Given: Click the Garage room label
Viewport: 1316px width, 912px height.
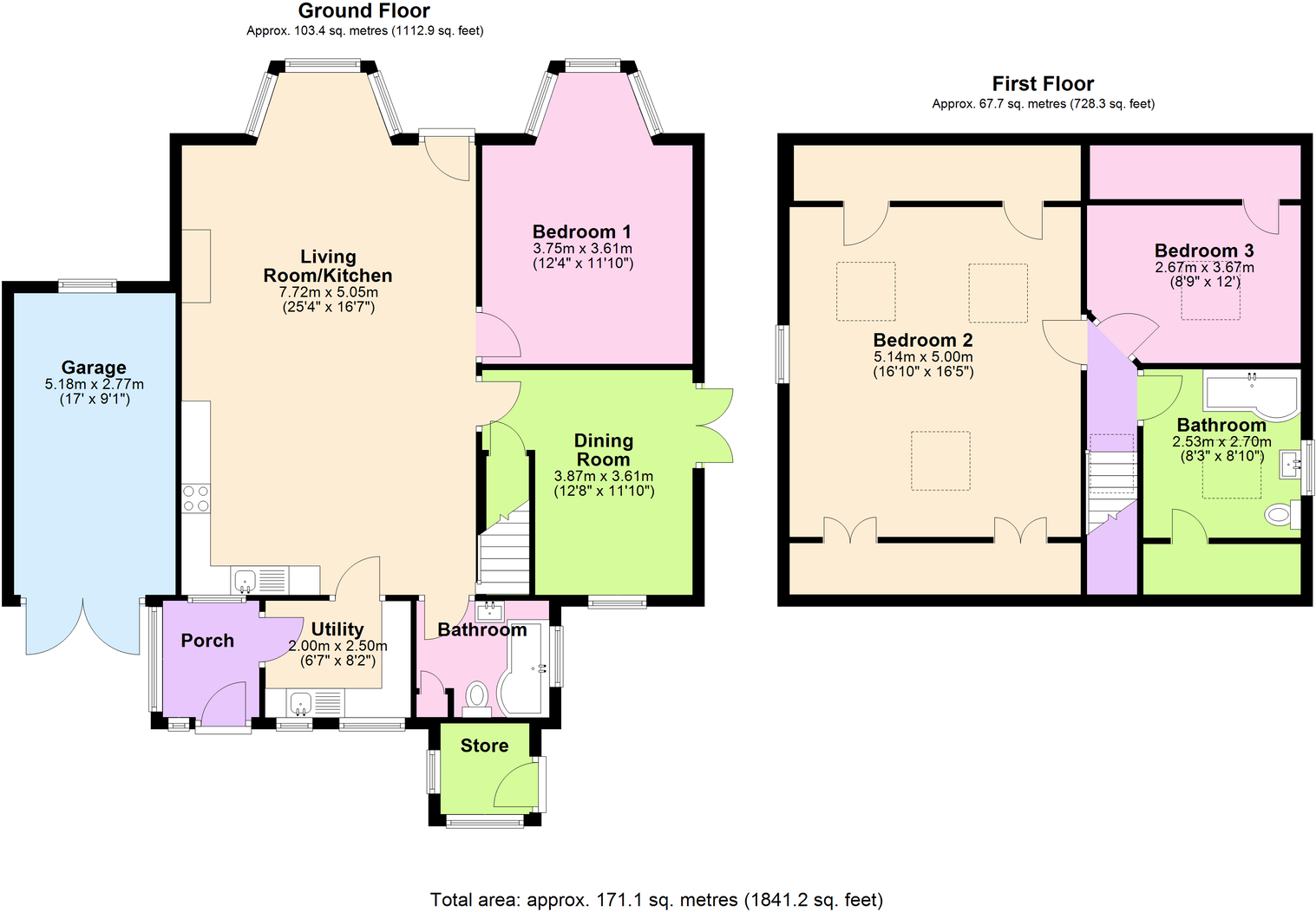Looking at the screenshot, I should [94, 368].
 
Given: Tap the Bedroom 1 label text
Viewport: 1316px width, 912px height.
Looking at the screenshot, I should [581, 231].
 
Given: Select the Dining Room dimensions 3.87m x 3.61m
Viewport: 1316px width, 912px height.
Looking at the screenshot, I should [604, 476].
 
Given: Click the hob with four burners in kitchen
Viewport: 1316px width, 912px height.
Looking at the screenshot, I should [196, 498].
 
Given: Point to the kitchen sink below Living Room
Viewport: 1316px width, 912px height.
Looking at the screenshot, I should [246, 579].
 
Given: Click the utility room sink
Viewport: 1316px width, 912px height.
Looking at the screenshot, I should [301, 701].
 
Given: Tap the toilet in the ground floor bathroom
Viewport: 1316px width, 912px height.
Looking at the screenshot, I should [477, 695].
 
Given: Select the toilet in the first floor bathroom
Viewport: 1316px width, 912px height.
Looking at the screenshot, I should [1279, 515].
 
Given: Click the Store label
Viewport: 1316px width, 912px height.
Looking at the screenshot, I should [484, 746].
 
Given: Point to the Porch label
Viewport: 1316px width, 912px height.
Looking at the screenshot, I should [207, 641].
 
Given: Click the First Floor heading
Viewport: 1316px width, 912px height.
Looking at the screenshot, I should [1043, 84].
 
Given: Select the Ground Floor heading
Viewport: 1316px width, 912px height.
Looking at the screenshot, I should [363, 11].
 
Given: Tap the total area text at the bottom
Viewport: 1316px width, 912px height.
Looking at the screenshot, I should [657, 900].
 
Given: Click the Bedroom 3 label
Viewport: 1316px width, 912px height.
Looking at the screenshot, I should [1204, 251].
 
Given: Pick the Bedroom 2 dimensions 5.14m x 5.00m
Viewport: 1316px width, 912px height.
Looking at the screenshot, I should [923, 356].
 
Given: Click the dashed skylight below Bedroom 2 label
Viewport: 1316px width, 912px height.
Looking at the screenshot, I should [940, 461].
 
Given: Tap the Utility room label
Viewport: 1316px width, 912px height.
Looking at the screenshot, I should [337, 629].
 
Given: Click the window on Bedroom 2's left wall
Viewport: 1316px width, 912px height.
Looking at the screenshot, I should [782, 354].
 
